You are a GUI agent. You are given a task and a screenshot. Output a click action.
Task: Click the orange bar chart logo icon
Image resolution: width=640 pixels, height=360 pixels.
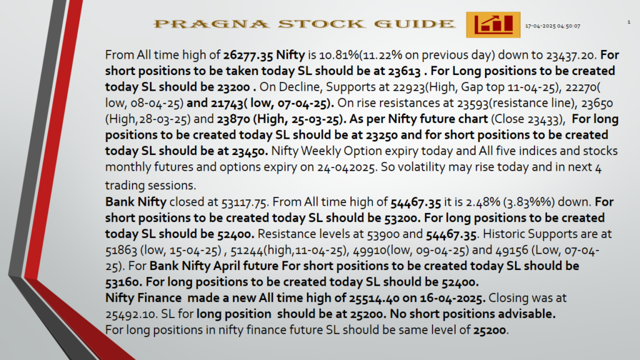click(x=493, y=25)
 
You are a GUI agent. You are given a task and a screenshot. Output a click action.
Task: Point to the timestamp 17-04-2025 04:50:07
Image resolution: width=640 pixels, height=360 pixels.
click(x=552, y=26)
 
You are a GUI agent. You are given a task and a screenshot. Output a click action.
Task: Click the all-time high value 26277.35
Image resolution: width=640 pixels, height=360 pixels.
click(x=248, y=55)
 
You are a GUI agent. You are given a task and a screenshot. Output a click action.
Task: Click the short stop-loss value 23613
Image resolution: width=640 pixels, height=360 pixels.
click(x=404, y=71)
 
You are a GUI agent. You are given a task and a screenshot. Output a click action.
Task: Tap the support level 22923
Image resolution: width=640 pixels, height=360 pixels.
click(x=409, y=87)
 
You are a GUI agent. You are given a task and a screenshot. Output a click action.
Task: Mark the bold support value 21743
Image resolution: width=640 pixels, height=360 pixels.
click(x=227, y=103)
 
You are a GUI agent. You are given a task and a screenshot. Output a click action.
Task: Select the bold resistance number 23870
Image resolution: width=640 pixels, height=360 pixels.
click(x=234, y=119)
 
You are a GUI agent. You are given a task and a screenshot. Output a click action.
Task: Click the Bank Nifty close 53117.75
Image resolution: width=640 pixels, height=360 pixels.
click(x=244, y=202)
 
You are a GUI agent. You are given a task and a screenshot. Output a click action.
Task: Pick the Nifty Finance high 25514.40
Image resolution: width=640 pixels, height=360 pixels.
click(x=374, y=298)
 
